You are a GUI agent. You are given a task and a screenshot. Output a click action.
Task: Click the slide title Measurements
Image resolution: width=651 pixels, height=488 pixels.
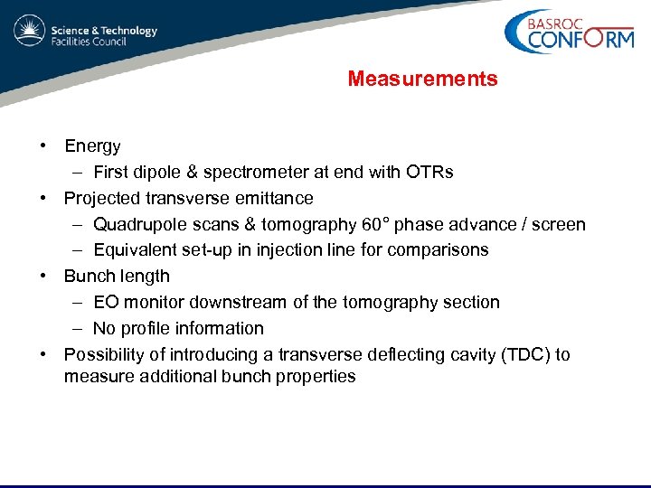(x=422, y=80)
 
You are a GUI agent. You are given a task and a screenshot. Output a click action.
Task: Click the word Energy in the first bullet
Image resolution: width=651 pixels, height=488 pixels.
(x=92, y=146)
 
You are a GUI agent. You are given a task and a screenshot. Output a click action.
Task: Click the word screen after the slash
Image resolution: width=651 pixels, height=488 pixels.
(x=560, y=224)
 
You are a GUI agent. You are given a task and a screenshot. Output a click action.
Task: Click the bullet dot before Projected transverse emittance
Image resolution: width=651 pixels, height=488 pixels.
(x=42, y=199)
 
